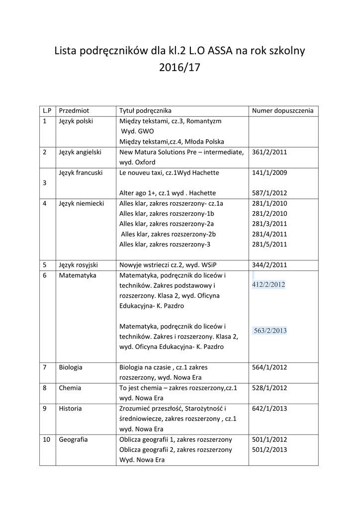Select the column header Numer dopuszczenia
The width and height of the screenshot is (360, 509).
pos(283,110)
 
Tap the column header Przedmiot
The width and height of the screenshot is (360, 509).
pos(74,110)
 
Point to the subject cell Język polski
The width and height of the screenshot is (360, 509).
pos(76,121)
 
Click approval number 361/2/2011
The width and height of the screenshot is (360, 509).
pos(270,152)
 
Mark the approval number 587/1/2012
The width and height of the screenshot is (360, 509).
pos(270,193)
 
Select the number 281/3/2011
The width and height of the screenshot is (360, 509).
pos(270,224)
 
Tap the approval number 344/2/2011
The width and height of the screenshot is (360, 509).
pos(270,265)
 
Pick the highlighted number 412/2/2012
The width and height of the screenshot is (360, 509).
pos(269,285)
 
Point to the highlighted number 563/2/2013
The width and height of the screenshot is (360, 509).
pos(270,331)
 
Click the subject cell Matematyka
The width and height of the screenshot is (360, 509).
pos(78,275)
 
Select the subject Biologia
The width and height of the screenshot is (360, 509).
pos(71,367)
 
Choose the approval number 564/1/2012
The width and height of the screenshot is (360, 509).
pos(270,367)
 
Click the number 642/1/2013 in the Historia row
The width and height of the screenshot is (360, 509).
pos(270,409)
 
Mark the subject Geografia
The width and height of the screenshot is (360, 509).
pos(73,439)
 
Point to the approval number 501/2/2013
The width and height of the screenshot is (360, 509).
pos(270,450)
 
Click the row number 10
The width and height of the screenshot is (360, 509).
pos(46,439)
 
